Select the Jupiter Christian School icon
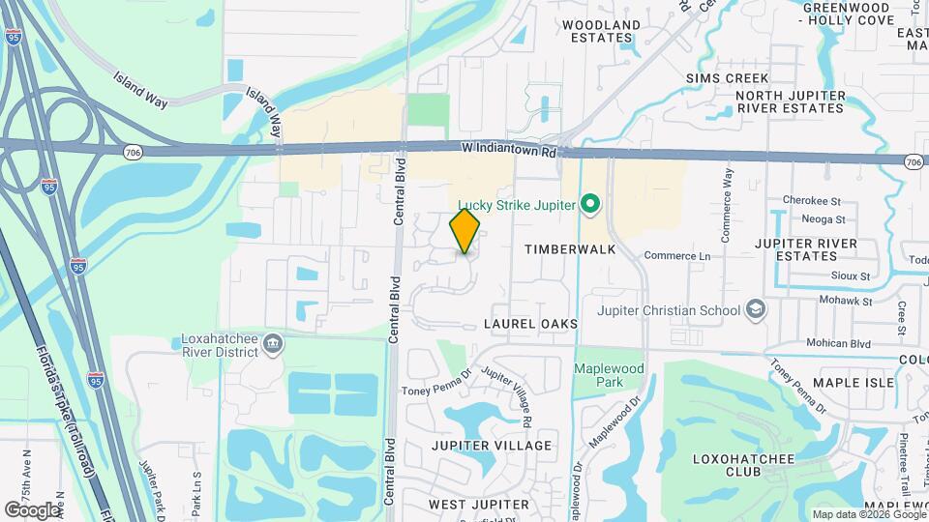757,310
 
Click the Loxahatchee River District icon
274,342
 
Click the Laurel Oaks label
531,324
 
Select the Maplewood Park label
609,376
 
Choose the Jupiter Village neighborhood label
491,446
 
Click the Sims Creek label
727,78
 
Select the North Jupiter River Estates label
790,102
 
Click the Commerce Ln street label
677,256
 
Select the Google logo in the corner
32,509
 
